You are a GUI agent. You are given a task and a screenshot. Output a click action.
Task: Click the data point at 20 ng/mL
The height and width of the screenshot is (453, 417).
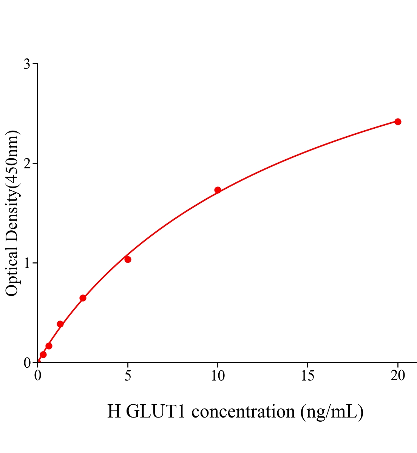(397, 122)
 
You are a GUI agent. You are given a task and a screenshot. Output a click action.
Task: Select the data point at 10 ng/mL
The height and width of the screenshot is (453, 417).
(218, 190)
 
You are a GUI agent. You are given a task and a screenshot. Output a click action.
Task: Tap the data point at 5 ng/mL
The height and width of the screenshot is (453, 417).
(128, 259)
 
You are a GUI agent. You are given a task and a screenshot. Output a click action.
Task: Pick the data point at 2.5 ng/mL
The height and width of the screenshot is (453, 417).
(83, 298)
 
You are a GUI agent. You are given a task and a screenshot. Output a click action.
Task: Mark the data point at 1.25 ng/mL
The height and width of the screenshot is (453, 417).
(60, 324)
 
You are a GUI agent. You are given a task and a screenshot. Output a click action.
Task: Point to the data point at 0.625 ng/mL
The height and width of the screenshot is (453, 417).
(49, 346)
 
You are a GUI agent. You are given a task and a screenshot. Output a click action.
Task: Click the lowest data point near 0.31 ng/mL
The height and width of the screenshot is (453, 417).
(43, 354)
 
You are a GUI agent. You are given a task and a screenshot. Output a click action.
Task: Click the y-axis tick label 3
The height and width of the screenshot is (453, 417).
(27, 64)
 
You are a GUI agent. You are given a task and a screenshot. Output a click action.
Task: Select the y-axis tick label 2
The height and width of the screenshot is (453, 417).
(27, 163)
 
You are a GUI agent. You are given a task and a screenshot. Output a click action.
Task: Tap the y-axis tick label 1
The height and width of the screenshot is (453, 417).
(27, 263)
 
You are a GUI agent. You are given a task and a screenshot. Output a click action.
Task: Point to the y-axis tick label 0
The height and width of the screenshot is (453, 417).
(27, 363)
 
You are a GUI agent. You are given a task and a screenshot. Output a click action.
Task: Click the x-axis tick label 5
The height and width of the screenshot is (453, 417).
(128, 376)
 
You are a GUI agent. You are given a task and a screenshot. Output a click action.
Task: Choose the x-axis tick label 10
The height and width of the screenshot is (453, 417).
(218, 376)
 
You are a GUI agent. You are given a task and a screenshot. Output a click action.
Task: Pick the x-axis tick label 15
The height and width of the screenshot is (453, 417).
(307, 376)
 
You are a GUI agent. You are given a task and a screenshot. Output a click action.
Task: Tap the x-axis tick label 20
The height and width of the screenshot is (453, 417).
(397, 376)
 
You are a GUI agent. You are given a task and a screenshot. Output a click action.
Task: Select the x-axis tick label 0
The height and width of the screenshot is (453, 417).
(38, 376)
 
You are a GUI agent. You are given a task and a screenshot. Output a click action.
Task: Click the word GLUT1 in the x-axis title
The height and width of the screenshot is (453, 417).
(156, 411)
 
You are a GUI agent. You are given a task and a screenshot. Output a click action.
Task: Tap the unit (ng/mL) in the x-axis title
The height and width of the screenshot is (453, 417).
(332, 411)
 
